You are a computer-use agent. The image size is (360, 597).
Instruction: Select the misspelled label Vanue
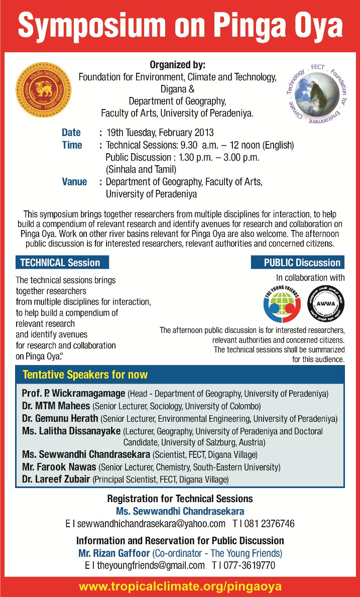pos(74,182)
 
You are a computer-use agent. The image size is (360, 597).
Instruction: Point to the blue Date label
pos(71,133)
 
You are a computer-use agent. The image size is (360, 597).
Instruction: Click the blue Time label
pos(72,145)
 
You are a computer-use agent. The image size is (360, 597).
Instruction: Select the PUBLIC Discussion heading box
pos(297,263)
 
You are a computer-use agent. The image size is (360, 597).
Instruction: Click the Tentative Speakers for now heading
pos(85,375)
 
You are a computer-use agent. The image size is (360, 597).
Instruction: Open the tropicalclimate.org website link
pos(180,585)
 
